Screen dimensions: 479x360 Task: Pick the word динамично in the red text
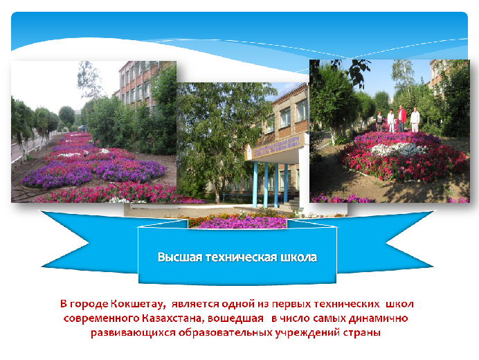coord(378,318)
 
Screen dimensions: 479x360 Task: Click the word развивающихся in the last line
coord(133,332)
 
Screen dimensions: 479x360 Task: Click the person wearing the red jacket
coord(401,118)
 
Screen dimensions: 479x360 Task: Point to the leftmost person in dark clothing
coord(379,122)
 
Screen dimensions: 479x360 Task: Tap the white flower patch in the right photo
coord(399,150)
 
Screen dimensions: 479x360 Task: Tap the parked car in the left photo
coord(82,128)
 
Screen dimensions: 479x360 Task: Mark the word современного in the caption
coord(102,318)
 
